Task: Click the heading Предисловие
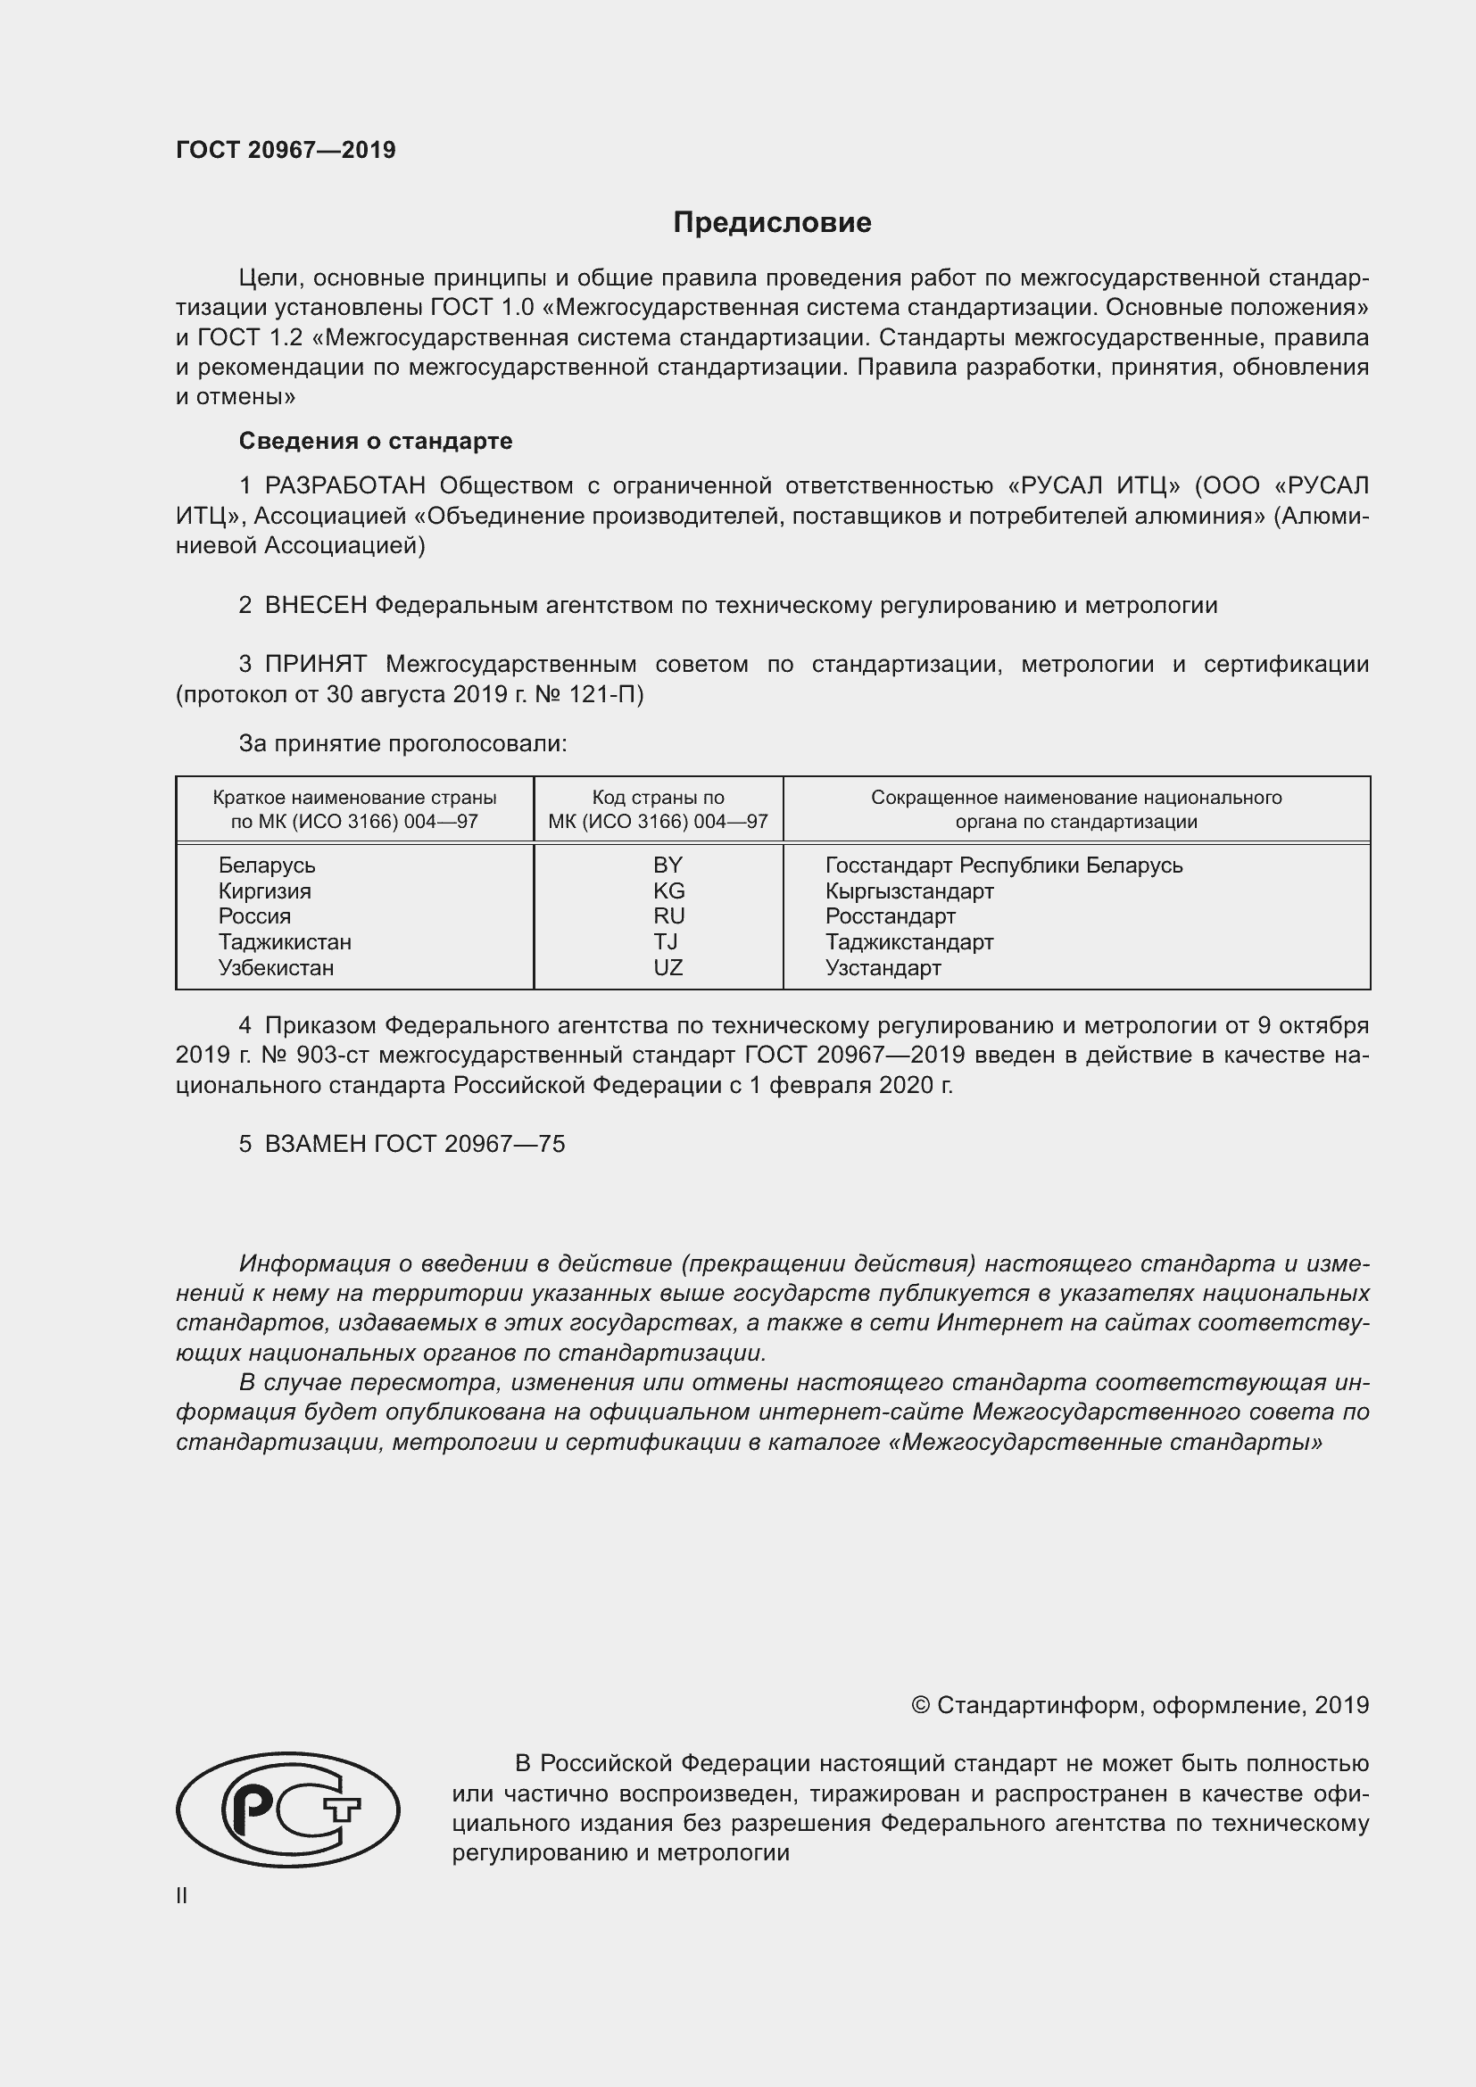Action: point(772,223)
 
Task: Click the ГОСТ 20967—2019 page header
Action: point(286,150)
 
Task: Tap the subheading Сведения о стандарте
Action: point(376,441)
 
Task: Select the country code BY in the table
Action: point(668,865)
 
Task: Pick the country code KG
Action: point(668,890)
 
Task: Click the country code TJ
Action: point(666,941)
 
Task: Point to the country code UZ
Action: point(668,967)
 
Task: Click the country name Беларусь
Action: point(266,865)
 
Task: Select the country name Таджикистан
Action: point(285,941)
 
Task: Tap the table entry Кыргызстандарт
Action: point(908,890)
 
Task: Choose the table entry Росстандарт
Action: point(890,916)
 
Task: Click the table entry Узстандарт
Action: point(883,967)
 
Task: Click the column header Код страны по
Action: point(658,797)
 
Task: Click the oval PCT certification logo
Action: point(287,1810)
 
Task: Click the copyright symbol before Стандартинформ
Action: point(920,1706)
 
